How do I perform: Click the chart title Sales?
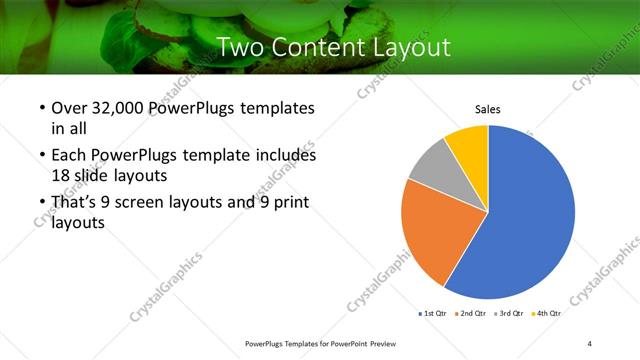point(487,110)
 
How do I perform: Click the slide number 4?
point(590,344)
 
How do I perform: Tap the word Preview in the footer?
point(392,344)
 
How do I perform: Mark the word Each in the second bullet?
point(70,156)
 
